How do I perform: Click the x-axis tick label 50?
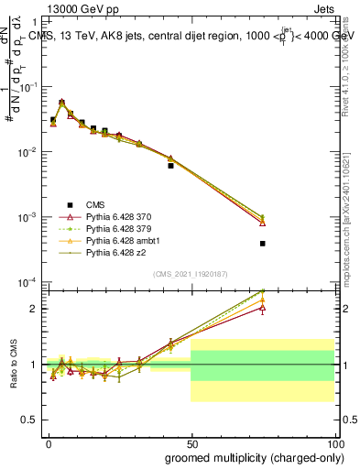pyautogui.click(x=191, y=442)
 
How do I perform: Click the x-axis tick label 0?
pyautogui.click(x=49, y=442)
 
